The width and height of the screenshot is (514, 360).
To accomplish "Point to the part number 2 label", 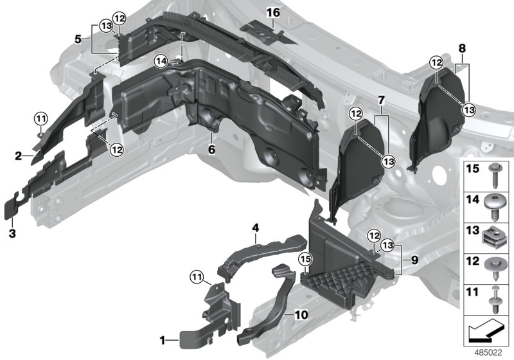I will (20, 156).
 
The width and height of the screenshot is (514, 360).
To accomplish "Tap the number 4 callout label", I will (255, 228).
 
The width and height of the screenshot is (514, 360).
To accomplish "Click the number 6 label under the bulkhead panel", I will (211, 149).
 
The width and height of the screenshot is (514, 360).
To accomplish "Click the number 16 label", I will (273, 12).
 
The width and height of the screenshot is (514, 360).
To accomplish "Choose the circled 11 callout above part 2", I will (40, 118).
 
